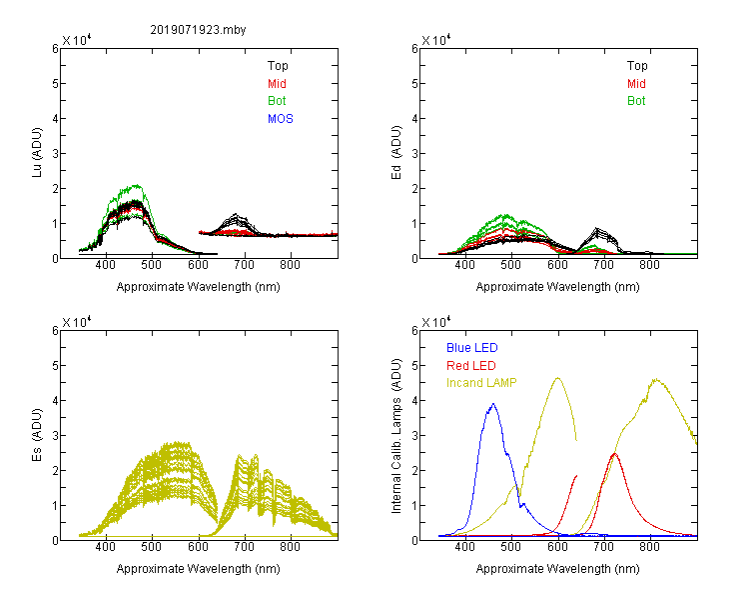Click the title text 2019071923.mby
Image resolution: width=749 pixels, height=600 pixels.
(198, 30)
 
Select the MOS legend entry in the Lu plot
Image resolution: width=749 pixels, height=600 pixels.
(281, 119)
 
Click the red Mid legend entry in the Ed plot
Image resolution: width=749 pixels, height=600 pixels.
(636, 84)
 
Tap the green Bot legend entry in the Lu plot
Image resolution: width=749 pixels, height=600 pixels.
(277, 101)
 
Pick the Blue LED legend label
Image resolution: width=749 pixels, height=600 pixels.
(472, 348)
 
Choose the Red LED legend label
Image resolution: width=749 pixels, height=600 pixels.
(471, 366)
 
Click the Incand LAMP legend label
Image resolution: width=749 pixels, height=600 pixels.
(481, 383)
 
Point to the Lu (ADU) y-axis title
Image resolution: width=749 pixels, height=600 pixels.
(37, 152)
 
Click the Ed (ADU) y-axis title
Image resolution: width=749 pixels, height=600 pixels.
(396, 152)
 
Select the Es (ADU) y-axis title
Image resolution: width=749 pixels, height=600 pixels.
(37, 434)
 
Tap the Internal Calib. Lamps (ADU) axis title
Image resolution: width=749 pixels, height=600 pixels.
(396, 436)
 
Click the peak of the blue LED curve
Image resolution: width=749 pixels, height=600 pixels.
(493, 404)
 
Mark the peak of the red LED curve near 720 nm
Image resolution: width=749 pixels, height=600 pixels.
(615, 453)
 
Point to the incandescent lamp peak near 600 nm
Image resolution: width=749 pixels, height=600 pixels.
(557, 378)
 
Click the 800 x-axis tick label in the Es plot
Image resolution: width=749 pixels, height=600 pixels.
(290, 546)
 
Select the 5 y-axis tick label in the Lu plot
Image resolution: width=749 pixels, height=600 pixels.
(55, 84)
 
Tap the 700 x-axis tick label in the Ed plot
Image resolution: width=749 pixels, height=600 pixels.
(604, 265)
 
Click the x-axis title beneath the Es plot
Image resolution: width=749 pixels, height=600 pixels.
(199, 569)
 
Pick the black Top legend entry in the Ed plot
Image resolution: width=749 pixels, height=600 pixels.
(637, 66)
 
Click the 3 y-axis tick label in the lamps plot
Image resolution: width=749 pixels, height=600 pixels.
(414, 436)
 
